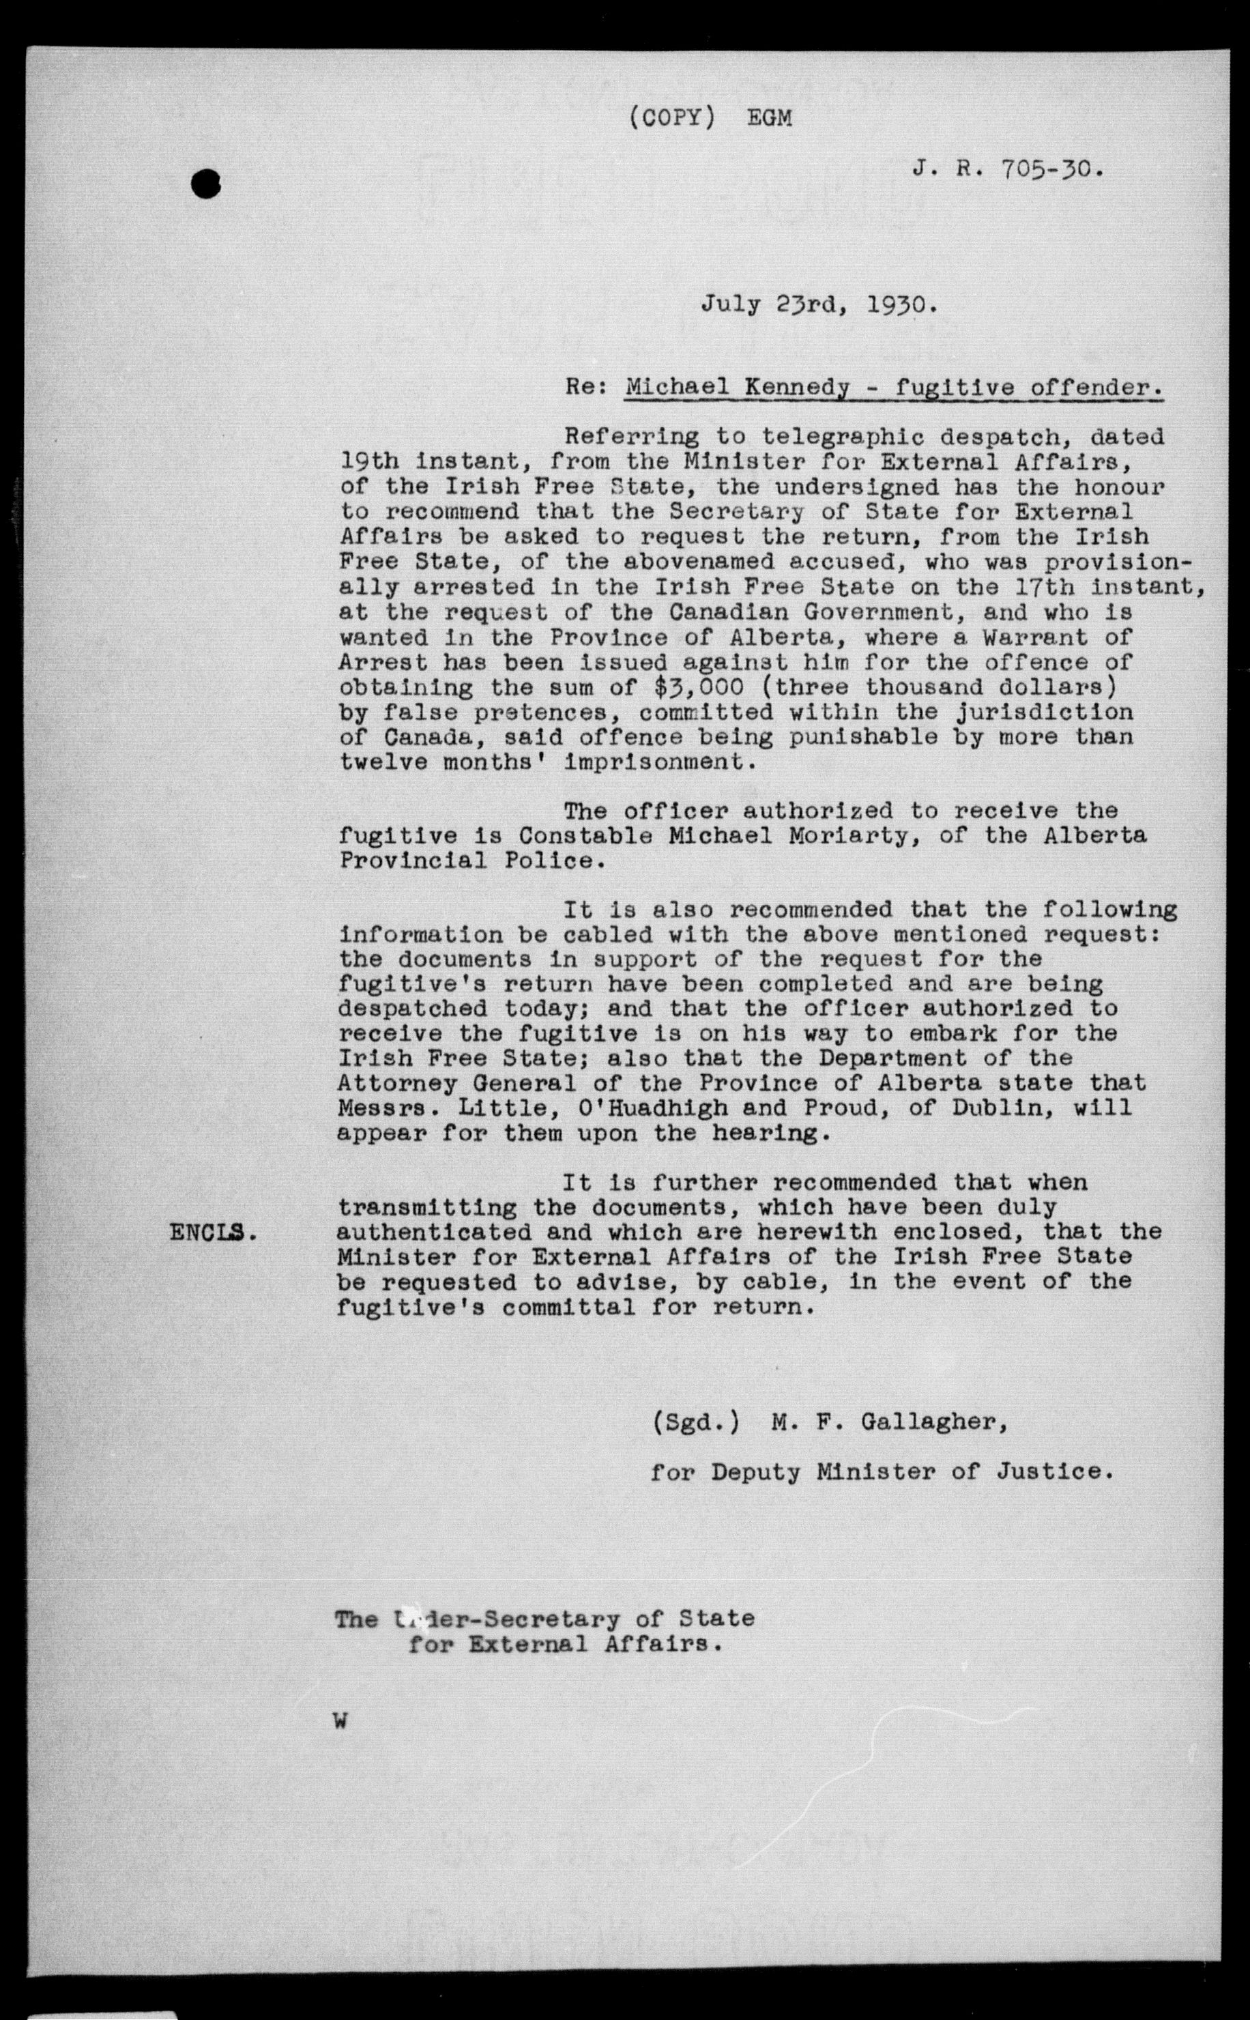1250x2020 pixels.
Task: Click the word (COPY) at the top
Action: pyautogui.click(x=671, y=118)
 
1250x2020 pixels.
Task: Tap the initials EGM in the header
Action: pyautogui.click(x=769, y=119)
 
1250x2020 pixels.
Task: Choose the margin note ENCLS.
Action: pyautogui.click(x=212, y=1233)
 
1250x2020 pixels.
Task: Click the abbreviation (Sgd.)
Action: pyautogui.click(x=695, y=1422)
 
